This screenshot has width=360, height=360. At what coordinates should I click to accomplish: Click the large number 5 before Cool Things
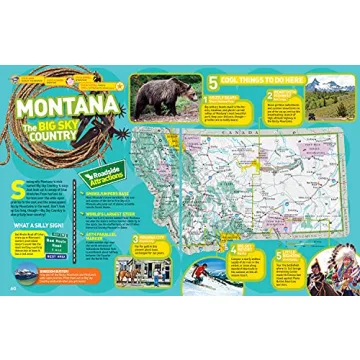[x=212, y=79]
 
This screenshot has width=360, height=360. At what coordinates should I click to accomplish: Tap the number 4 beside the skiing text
[x=233, y=244]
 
